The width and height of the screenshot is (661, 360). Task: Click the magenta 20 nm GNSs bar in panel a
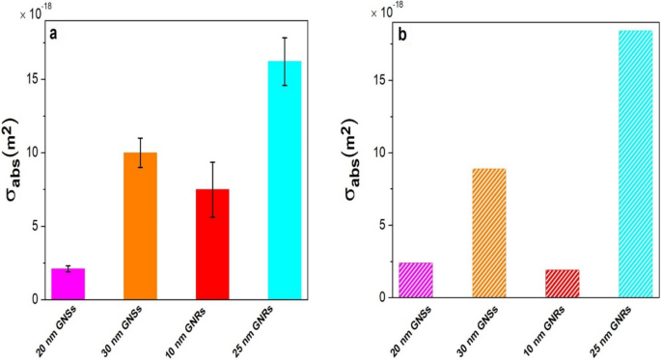[x=68, y=284]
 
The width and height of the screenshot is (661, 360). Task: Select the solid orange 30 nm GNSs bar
[x=140, y=226]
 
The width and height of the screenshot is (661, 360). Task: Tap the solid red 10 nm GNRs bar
[x=211, y=244]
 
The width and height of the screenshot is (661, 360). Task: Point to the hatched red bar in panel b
[x=562, y=284]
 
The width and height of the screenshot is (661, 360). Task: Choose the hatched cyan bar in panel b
[x=635, y=164]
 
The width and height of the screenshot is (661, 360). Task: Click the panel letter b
[x=404, y=36]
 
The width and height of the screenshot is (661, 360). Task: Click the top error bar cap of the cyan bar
[x=284, y=38]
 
